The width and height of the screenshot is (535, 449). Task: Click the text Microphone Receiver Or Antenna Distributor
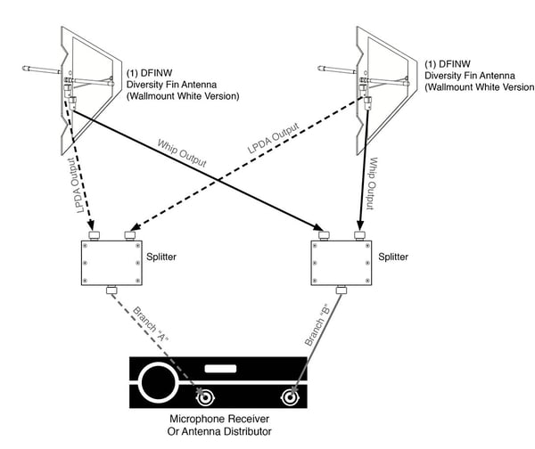point(222,425)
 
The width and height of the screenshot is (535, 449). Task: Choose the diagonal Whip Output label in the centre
point(183,152)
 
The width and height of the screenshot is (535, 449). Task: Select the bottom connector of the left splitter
point(112,290)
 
